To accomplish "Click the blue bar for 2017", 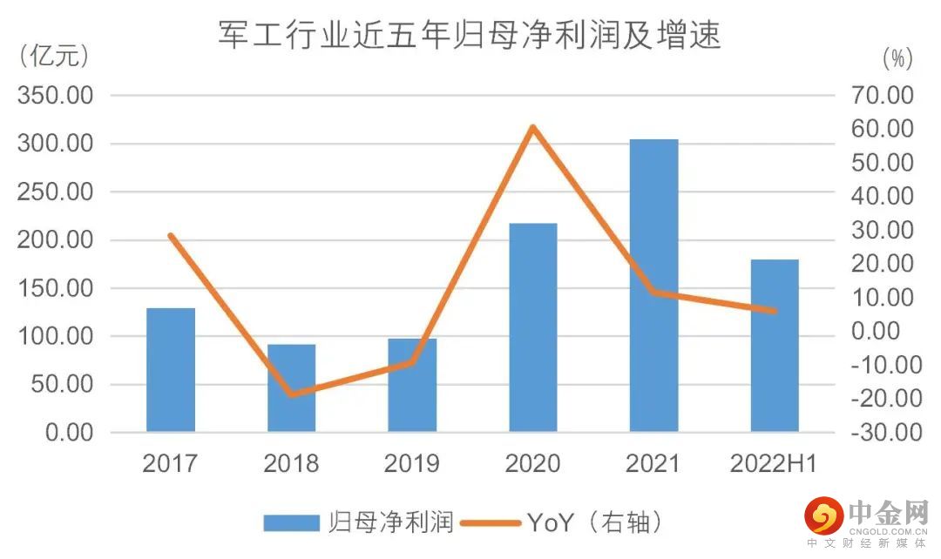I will (x=171, y=370).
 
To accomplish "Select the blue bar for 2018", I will (x=291, y=388).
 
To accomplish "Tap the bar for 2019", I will (x=412, y=386).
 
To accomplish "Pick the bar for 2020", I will (x=533, y=327).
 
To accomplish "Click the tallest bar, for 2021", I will (x=653, y=286).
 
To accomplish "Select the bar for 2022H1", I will (x=775, y=346).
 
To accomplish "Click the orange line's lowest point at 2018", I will (x=291, y=394).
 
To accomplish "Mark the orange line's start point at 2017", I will (x=171, y=236).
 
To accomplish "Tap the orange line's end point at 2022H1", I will (x=775, y=311).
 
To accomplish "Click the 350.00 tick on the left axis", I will (x=55, y=95).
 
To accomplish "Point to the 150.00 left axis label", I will (x=55, y=288).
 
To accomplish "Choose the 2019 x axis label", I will (x=412, y=463).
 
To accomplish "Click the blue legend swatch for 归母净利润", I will (x=293, y=522).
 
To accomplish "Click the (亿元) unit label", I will (x=54, y=57).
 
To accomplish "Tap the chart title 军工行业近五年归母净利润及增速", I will (x=470, y=36).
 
